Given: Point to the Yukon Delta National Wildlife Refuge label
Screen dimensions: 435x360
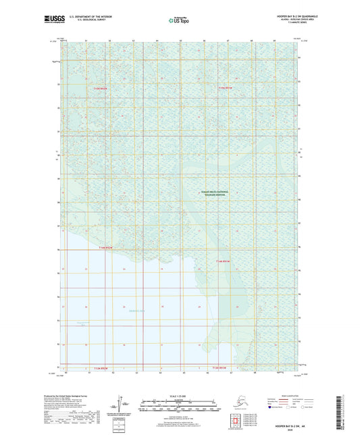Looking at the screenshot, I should click(215, 194).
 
